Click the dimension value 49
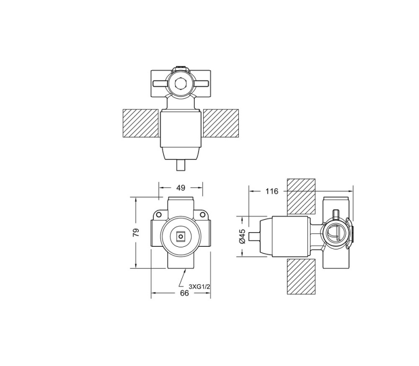tap(181, 188)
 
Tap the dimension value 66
tap(184, 293)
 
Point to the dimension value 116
tap(271, 191)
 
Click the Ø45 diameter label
tap(242, 236)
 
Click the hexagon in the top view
tap(181, 83)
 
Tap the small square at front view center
tap(181, 236)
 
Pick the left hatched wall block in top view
tap(140, 124)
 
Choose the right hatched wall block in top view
tap(220, 124)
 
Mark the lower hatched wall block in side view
tap(302, 276)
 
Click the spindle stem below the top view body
tap(181, 166)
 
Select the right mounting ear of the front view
tap(204, 215)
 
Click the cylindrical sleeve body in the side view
tap(289, 236)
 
